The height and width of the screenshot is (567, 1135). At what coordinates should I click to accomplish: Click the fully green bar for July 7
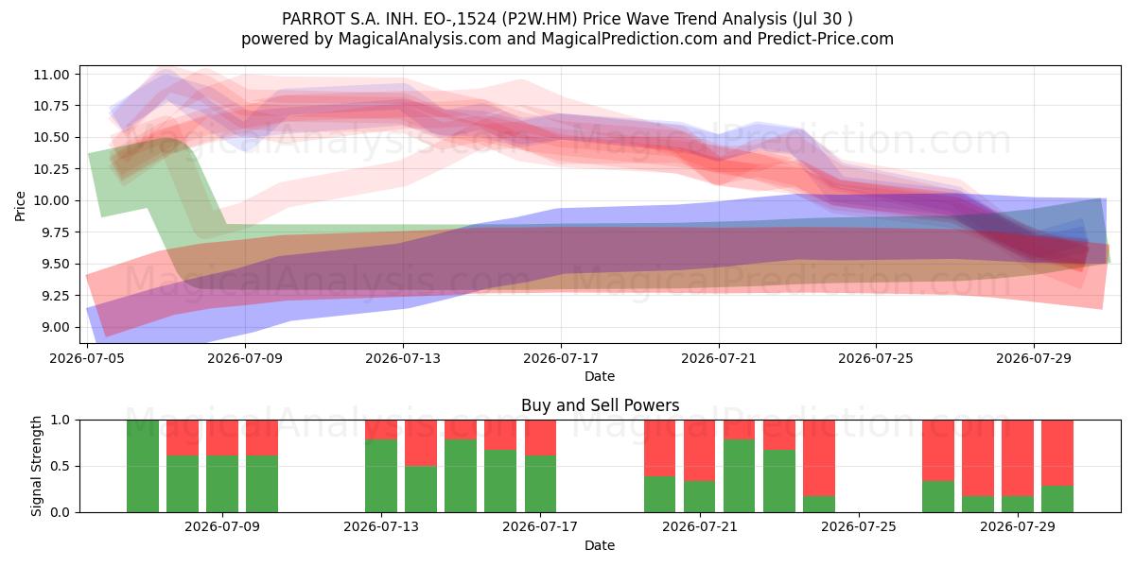pyautogui.click(x=143, y=466)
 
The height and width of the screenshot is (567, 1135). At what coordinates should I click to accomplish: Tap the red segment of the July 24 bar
pyautogui.click(x=819, y=458)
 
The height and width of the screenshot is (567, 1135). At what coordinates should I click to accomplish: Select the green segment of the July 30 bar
pyautogui.click(x=1057, y=499)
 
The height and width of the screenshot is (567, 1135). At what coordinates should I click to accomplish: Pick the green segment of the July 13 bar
pyautogui.click(x=381, y=476)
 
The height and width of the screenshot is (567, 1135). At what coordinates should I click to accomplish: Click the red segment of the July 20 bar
pyautogui.click(x=660, y=449)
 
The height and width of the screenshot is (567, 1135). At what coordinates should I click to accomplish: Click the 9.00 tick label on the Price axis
pyautogui.click(x=51, y=328)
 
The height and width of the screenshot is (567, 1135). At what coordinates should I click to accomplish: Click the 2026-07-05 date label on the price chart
pyautogui.click(x=87, y=358)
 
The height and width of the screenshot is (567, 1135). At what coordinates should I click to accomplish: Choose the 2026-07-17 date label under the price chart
pyautogui.click(x=561, y=358)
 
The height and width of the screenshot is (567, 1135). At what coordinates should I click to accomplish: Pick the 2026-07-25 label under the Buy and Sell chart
pyautogui.click(x=859, y=527)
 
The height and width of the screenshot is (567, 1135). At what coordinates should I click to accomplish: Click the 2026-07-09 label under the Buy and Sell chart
pyautogui.click(x=222, y=527)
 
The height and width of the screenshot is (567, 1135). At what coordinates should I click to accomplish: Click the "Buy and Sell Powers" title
pyautogui.click(x=600, y=405)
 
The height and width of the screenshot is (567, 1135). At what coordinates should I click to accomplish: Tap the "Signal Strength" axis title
pyautogui.click(x=36, y=466)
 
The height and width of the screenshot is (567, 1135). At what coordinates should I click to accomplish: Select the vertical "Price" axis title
pyautogui.click(x=20, y=206)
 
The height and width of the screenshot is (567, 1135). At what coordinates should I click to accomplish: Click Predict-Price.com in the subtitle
pyautogui.click(x=826, y=39)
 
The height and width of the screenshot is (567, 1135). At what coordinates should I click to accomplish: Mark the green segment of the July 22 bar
pyautogui.click(x=740, y=476)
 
